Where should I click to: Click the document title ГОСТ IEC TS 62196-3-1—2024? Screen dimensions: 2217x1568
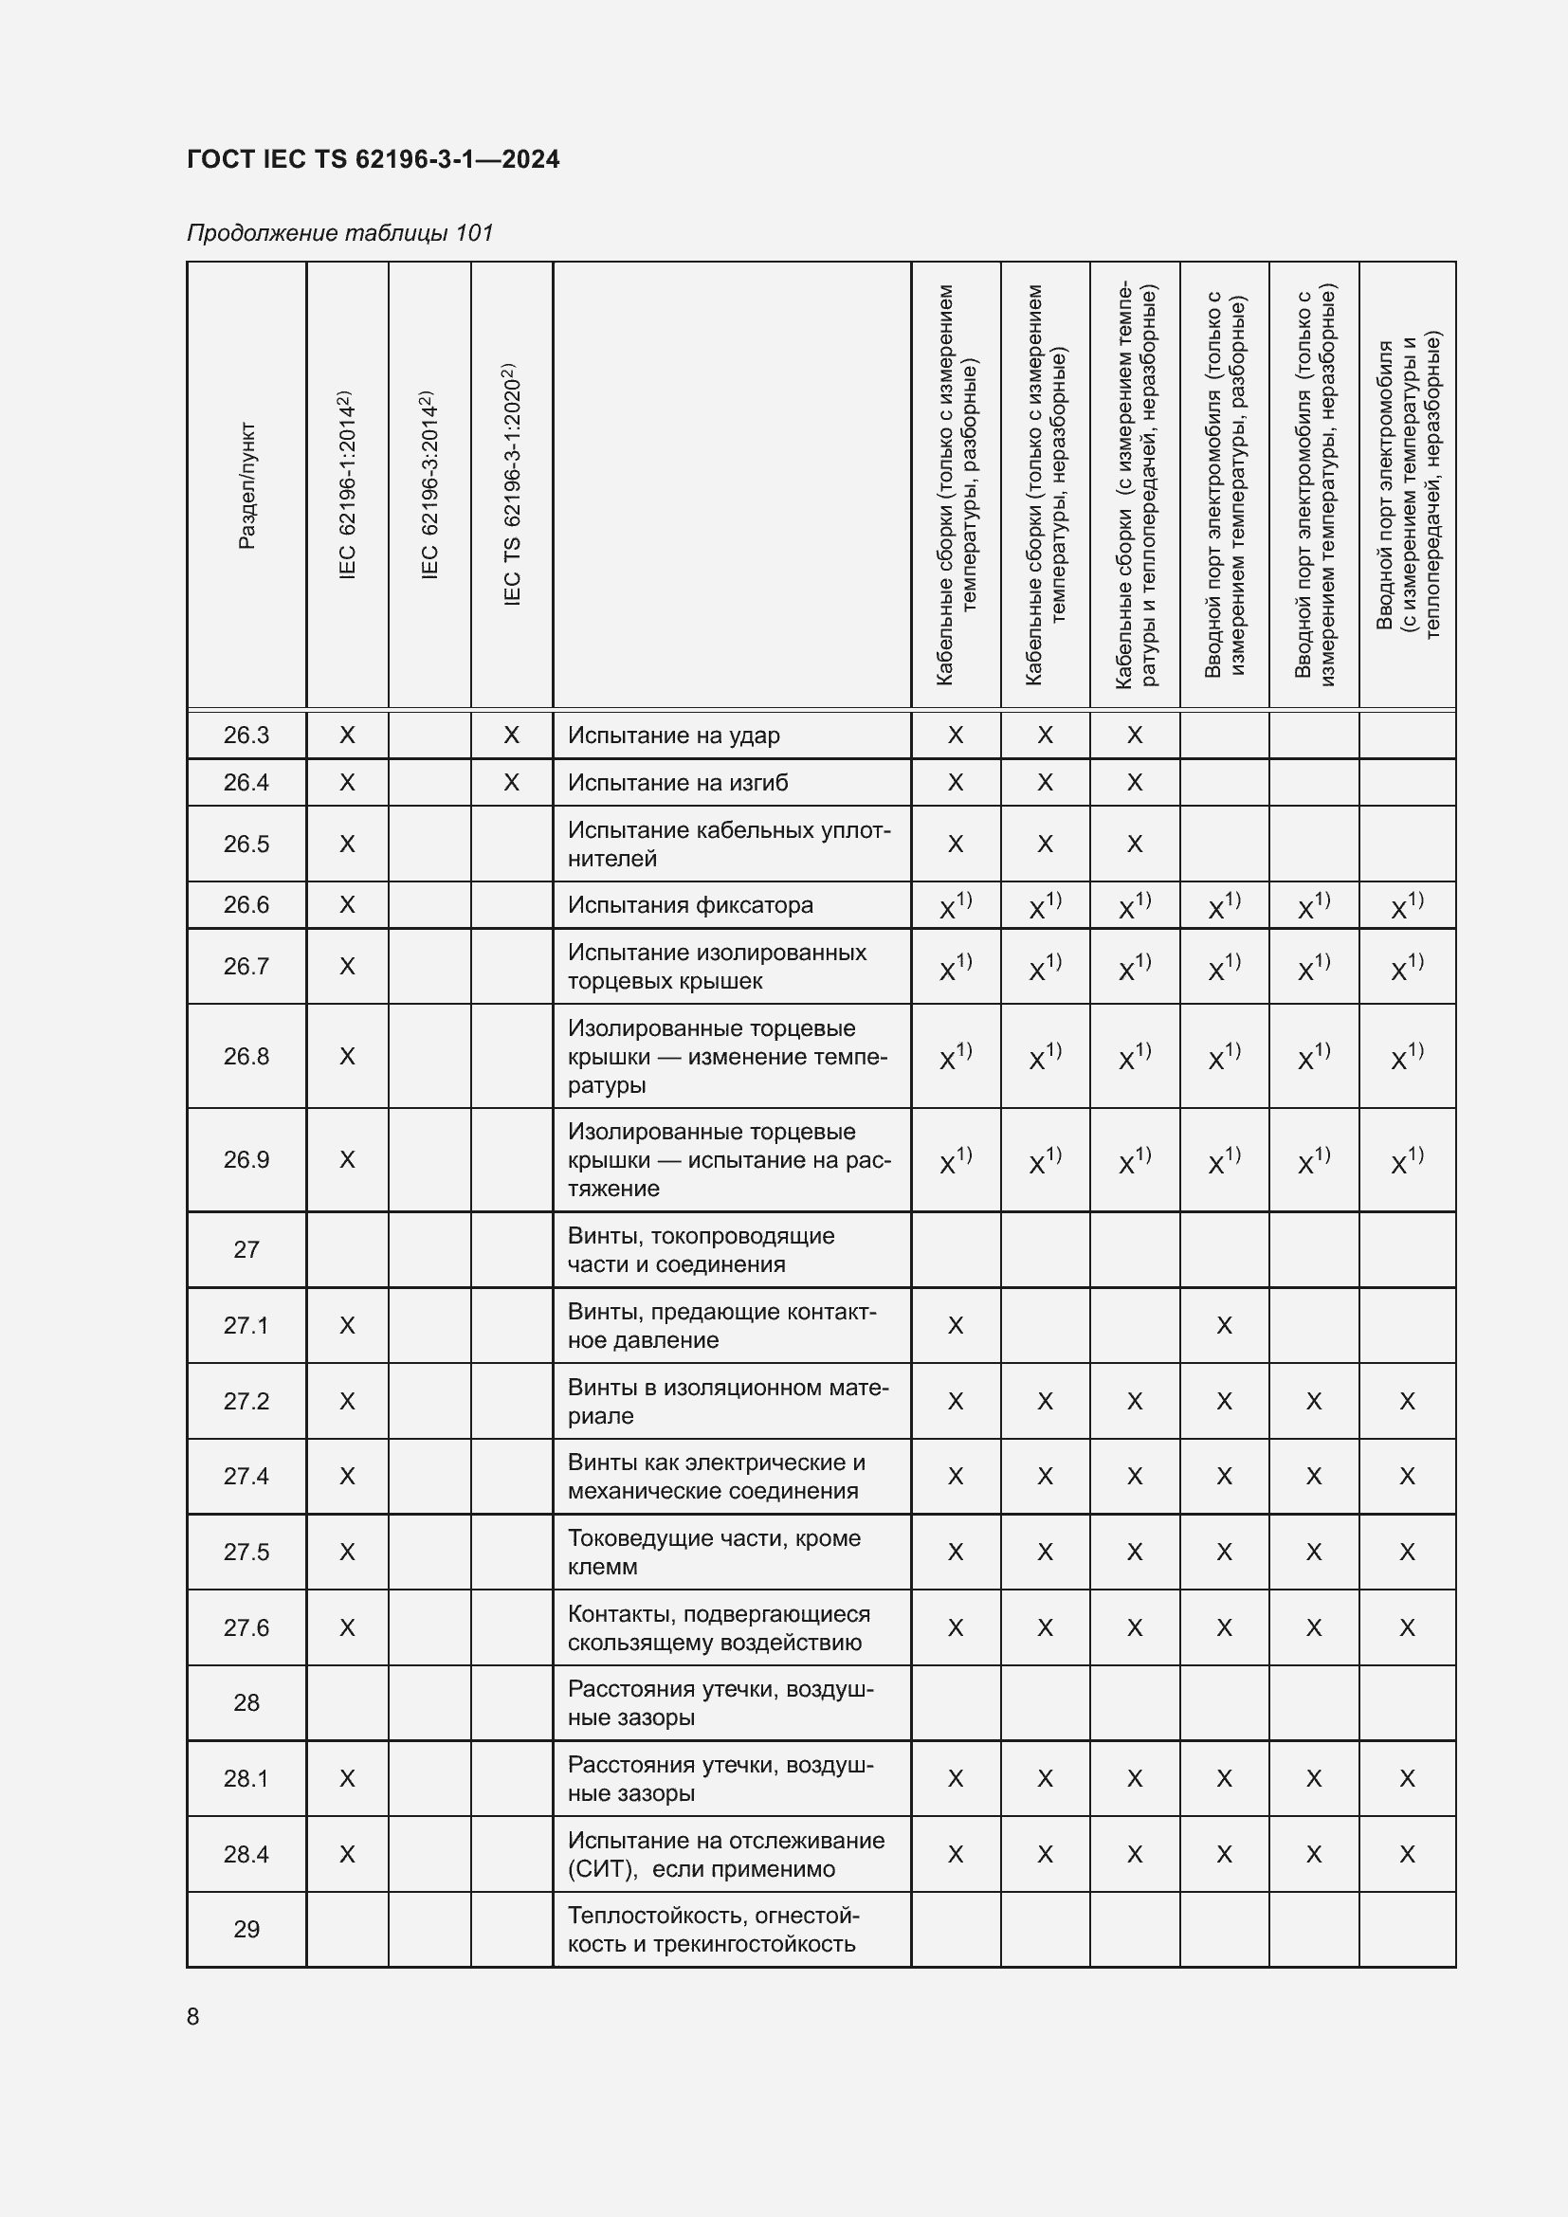coord(373,159)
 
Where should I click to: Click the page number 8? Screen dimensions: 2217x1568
coord(193,2016)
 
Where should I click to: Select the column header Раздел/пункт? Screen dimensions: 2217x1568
coord(246,485)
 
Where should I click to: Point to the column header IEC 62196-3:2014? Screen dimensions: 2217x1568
coord(429,484)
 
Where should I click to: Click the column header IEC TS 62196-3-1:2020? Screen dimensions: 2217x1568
coord(512,484)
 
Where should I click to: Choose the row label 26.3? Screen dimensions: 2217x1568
coord(246,735)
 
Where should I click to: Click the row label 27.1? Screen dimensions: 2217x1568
coord(246,1325)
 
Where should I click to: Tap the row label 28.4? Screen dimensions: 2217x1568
coord(246,1854)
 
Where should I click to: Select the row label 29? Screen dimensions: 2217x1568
coord(246,1929)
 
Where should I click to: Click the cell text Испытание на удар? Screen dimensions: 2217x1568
coord(673,735)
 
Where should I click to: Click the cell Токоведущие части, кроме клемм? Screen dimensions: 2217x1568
coord(714,1552)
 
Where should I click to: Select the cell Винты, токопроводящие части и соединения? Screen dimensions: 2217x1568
coord(701,1249)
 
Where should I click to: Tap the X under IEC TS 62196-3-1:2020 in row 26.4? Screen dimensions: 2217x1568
coord(512,782)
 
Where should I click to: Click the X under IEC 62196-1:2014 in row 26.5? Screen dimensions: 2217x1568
coord(347,844)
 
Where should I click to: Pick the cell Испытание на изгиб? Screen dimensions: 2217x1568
coord(677,782)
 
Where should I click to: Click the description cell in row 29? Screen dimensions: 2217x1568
coord(712,1929)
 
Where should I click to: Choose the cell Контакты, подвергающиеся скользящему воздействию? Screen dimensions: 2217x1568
coord(719,1628)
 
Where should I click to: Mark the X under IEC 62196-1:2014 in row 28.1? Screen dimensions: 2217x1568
coord(347,1778)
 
